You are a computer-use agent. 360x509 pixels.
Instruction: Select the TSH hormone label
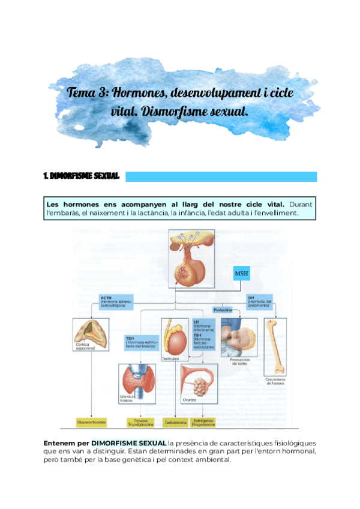pos(141,340)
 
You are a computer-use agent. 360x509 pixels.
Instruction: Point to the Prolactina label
pos(223,310)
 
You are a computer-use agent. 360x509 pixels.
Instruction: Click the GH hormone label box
pos(259,300)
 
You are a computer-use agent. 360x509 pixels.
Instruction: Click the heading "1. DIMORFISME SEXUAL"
pos(82,176)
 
